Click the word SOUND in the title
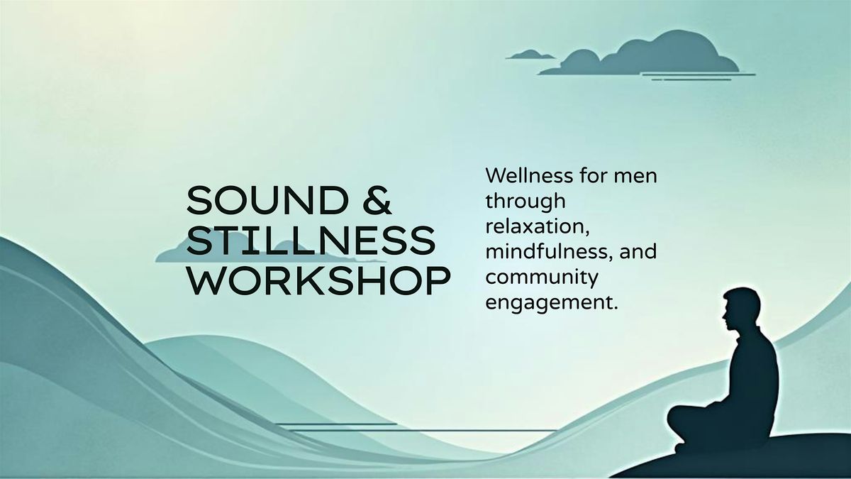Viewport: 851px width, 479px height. point(268,200)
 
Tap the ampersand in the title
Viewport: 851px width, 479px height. point(377,200)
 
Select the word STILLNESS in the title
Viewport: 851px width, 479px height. point(311,241)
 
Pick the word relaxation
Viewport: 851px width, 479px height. point(538,226)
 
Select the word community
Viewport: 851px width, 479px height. point(542,278)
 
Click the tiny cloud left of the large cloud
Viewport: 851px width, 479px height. point(530,55)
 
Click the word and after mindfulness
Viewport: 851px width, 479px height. point(638,252)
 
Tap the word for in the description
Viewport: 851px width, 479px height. point(594,176)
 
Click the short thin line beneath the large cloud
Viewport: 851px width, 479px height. point(691,79)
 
